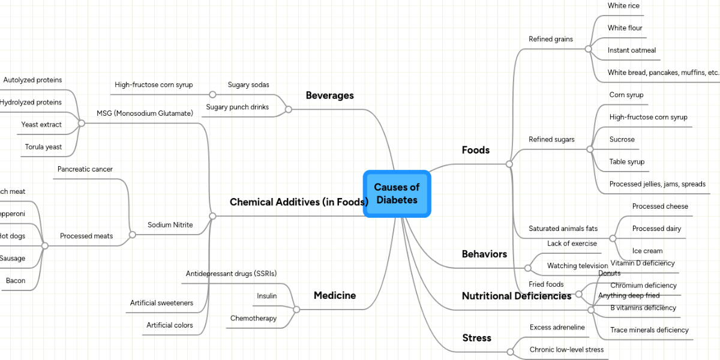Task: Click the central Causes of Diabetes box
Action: (397, 194)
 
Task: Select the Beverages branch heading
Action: (329, 95)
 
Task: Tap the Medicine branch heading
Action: (334, 295)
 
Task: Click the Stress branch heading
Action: (476, 338)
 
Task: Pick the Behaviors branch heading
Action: (484, 254)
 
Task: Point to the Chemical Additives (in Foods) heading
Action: (298, 202)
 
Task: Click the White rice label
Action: (623, 6)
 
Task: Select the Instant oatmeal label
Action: (631, 50)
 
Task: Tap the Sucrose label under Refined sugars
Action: (622, 139)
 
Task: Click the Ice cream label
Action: (647, 251)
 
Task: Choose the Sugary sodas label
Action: (248, 85)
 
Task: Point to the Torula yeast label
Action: (43, 147)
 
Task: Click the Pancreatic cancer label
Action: (85, 169)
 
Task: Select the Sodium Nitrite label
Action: (170, 225)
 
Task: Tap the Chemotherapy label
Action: (253, 318)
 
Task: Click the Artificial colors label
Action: (170, 325)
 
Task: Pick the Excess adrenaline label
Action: (557, 327)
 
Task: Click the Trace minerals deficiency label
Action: (649, 330)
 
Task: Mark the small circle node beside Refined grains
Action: (588, 49)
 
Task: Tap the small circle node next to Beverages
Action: (288, 109)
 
